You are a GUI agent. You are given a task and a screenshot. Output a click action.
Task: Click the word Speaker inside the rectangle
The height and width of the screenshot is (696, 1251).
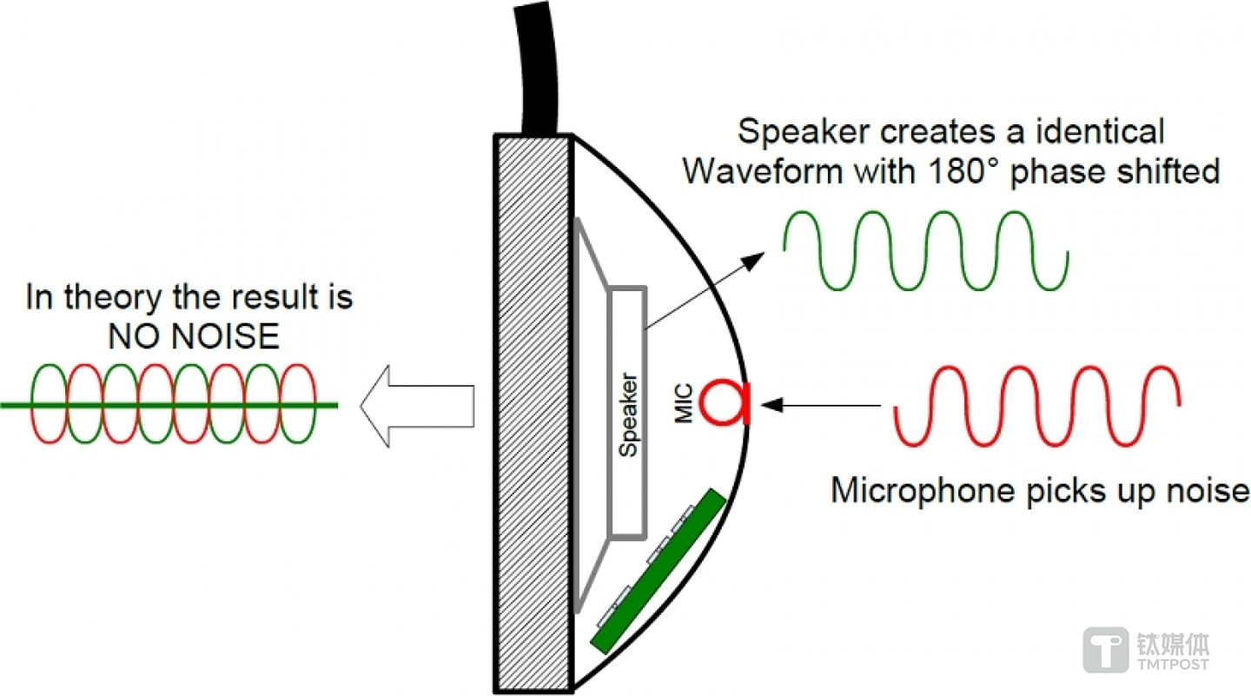pos(627,414)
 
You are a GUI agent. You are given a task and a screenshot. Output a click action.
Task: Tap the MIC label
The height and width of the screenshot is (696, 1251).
pos(685,404)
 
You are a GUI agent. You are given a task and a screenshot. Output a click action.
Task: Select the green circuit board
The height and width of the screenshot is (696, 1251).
pos(658,570)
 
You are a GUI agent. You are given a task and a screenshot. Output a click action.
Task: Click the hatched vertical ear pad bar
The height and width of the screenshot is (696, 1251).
pos(533,413)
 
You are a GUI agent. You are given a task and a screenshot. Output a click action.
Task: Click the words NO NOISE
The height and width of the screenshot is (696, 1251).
pos(194,336)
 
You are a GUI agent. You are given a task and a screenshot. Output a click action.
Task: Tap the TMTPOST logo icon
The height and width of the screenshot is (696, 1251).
pos(1105,651)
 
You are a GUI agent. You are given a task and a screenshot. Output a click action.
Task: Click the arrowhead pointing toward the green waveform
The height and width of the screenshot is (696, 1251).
pos(758,256)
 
